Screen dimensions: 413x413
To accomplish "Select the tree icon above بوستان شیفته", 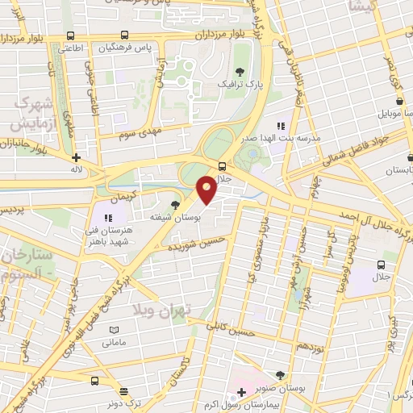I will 176,205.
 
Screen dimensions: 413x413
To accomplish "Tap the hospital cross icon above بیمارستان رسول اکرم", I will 241,392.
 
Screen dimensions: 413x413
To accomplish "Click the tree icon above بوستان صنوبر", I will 279,375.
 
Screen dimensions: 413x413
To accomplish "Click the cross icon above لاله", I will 76,158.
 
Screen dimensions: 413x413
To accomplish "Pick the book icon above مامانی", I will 114,330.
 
